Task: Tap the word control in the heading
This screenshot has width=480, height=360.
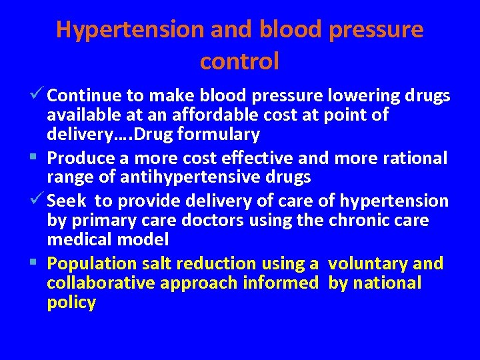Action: (x=239, y=62)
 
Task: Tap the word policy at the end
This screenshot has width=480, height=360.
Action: (x=71, y=303)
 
